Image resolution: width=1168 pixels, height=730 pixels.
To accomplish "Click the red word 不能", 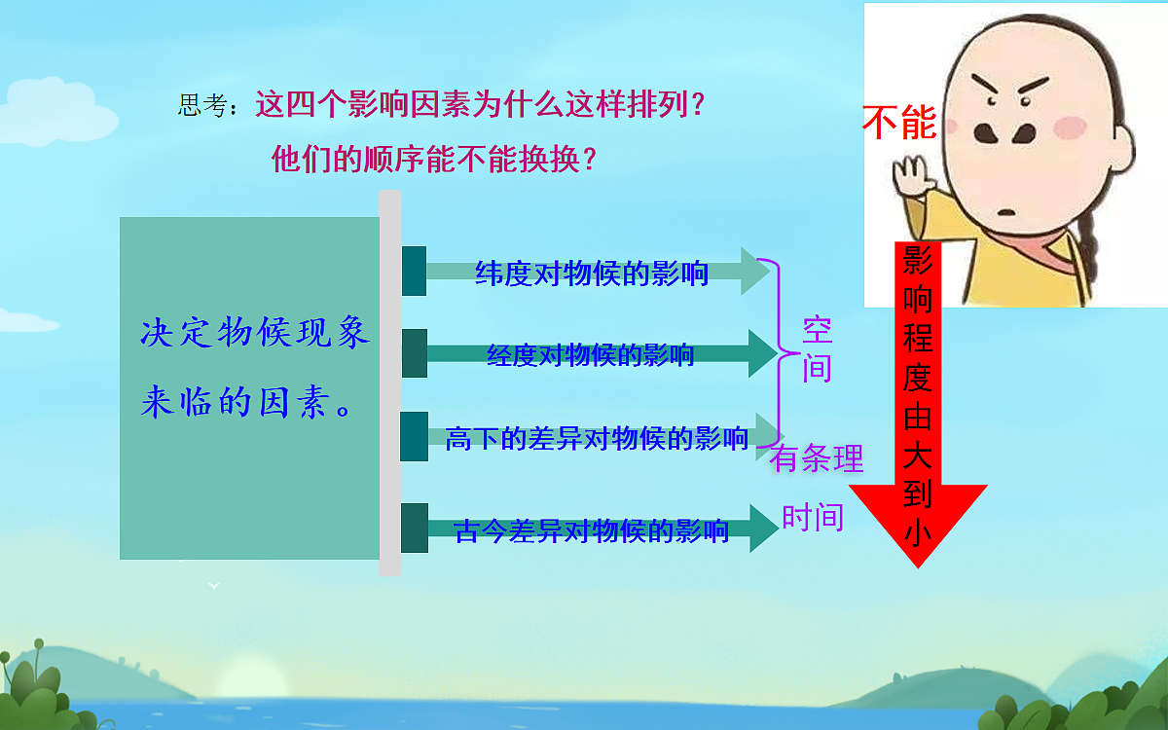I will click(x=898, y=124).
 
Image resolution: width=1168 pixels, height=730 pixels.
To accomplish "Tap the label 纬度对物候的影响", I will click(x=591, y=274).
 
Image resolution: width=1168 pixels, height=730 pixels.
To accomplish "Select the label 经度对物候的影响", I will click(x=590, y=355).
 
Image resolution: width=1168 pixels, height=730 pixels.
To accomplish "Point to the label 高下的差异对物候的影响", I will click(x=596, y=439).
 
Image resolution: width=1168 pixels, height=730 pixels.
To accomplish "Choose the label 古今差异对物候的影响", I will click(x=591, y=531).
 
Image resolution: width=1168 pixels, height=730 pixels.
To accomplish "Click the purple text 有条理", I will click(x=818, y=458).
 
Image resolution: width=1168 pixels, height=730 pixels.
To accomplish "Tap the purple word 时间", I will click(x=813, y=518).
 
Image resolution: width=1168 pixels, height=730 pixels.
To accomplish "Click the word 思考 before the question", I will click(x=202, y=106).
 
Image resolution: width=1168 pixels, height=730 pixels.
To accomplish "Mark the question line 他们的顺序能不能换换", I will click(x=433, y=160).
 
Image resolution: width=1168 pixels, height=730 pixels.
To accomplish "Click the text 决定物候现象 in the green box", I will click(x=254, y=333).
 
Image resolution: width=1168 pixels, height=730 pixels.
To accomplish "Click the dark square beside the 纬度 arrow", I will click(x=414, y=271).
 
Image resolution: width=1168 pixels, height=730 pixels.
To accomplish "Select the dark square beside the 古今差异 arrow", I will click(x=414, y=528).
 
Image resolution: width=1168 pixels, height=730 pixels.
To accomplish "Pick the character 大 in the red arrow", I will click(x=918, y=456).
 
